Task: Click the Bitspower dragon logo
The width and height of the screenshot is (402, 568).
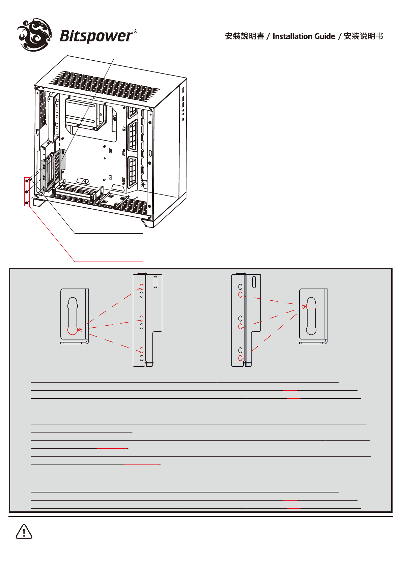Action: coord(34,35)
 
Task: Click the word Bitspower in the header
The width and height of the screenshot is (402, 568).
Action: coord(96,36)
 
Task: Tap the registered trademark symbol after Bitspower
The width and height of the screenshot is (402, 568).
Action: coord(135,31)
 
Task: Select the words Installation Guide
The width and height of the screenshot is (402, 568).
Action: coord(304,36)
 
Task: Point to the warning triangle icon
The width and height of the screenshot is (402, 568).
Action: coord(24,532)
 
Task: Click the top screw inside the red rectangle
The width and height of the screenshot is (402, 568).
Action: coord(27,181)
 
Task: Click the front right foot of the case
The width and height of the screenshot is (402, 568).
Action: coord(147,222)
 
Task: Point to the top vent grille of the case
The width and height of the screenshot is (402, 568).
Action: coord(105,86)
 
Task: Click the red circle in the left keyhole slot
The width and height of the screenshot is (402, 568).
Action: coord(73,330)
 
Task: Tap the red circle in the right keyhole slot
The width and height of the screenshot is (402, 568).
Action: coord(311,306)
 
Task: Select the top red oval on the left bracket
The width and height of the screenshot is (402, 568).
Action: coord(142,287)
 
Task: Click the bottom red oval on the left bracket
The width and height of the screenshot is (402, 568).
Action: coord(142,350)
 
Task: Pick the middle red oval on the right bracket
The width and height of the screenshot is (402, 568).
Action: coord(240,326)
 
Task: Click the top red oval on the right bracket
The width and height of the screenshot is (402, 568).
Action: coord(240,295)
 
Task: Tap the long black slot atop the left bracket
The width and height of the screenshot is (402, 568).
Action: coord(155,282)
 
